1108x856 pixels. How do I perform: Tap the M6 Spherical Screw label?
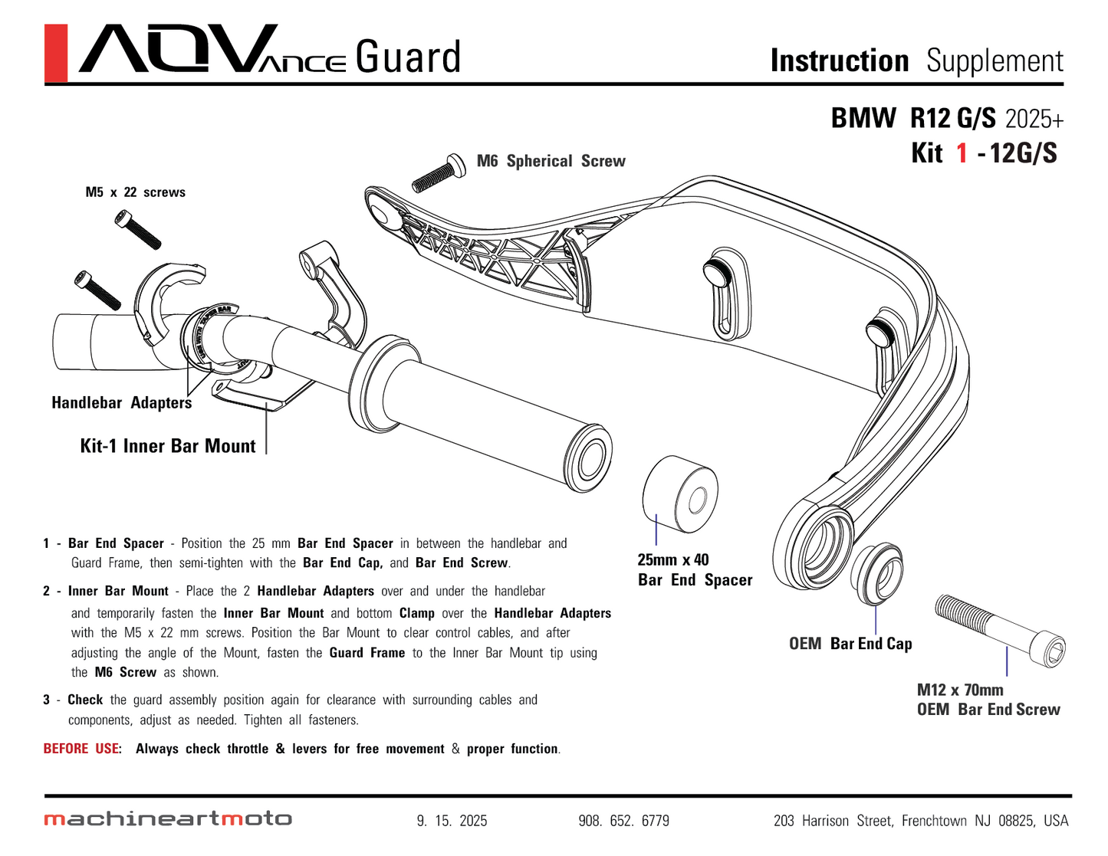[551, 161]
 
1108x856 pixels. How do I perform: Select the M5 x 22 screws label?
[136, 192]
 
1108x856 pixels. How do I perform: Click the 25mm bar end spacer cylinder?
[679, 494]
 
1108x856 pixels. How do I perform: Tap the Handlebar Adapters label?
[121, 403]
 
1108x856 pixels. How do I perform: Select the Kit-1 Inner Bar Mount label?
[168, 446]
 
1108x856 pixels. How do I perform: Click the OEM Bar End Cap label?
[850, 644]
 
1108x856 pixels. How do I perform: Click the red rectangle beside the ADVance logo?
[56, 53]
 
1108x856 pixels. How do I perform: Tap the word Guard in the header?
[408, 57]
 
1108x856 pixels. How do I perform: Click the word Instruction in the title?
[839, 61]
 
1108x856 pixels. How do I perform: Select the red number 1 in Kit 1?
[962, 153]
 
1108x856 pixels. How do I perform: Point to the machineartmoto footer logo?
[168, 819]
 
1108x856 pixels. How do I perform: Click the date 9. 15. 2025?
[452, 821]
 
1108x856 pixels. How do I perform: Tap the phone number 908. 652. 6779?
[623, 821]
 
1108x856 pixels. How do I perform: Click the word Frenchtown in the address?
[934, 821]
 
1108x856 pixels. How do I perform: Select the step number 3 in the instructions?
[47, 700]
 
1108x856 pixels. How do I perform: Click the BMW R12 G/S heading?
[913, 119]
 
